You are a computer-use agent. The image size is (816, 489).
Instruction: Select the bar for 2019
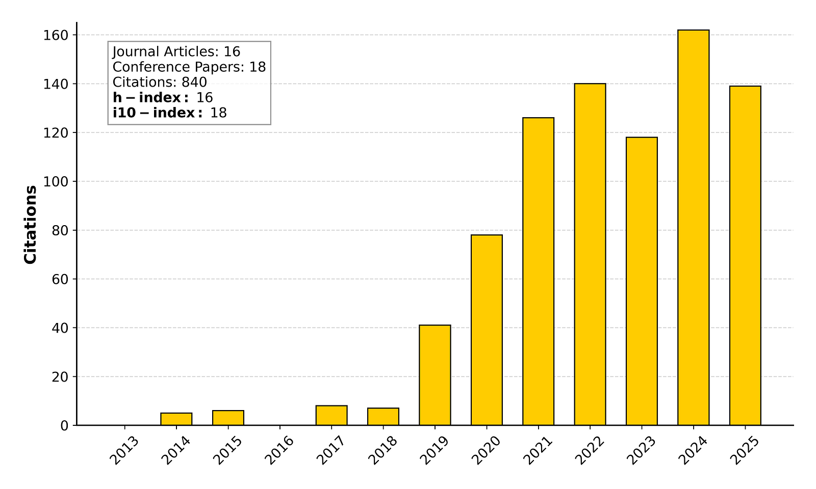click(x=435, y=375)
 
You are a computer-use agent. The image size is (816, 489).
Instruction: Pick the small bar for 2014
click(x=176, y=419)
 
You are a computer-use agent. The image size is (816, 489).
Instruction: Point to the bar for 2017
click(x=331, y=415)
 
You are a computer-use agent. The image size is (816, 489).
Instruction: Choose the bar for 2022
click(x=590, y=254)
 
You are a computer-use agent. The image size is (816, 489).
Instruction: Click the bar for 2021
click(x=538, y=271)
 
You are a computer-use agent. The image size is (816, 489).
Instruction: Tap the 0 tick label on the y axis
click(x=65, y=426)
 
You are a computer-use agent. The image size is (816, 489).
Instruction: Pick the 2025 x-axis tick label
click(x=745, y=450)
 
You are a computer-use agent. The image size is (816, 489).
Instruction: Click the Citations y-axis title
click(x=31, y=225)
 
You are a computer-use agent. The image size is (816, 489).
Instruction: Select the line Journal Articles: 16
click(x=176, y=52)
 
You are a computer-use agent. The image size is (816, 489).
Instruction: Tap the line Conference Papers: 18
click(x=189, y=67)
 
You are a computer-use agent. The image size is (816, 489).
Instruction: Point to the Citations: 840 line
click(x=160, y=83)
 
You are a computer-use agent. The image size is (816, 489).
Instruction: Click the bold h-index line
click(x=163, y=98)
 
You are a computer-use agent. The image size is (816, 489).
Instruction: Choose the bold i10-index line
click(x=169, y=113)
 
